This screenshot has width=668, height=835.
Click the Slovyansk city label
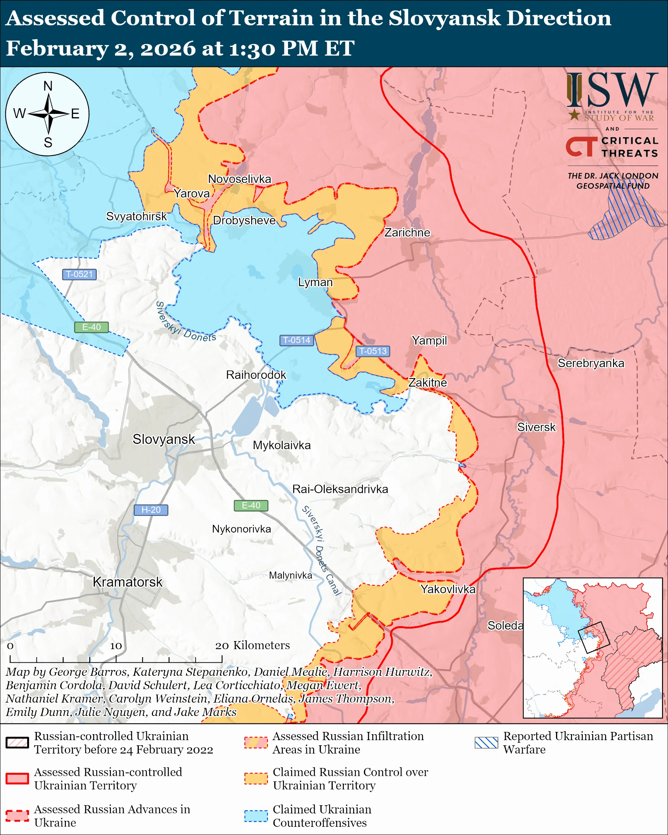click(163, 439)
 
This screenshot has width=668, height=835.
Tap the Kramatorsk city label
click(127, 582)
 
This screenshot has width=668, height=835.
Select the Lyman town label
click(315, 282)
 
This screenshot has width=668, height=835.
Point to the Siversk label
click(536, 427)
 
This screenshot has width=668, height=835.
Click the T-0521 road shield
click(79, 274)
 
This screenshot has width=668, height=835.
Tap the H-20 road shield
click(151, 510)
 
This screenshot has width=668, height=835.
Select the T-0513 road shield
click(373, 351)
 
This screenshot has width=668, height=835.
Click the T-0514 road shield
click(296, 340)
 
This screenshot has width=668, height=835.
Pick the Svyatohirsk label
click(136, 216)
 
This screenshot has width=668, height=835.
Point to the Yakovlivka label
click(448, 589)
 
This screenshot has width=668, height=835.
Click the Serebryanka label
click(591, 363)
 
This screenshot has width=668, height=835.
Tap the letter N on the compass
click(48, 86)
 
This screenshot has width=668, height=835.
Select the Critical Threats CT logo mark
click(581, 146)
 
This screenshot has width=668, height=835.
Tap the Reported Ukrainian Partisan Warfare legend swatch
click(486, 742)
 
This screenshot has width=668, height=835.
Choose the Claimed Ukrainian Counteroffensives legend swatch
click(256, 816)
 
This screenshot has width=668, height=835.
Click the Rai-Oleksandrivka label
click(340, 489)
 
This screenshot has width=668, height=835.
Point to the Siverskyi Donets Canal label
click(322, 550)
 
